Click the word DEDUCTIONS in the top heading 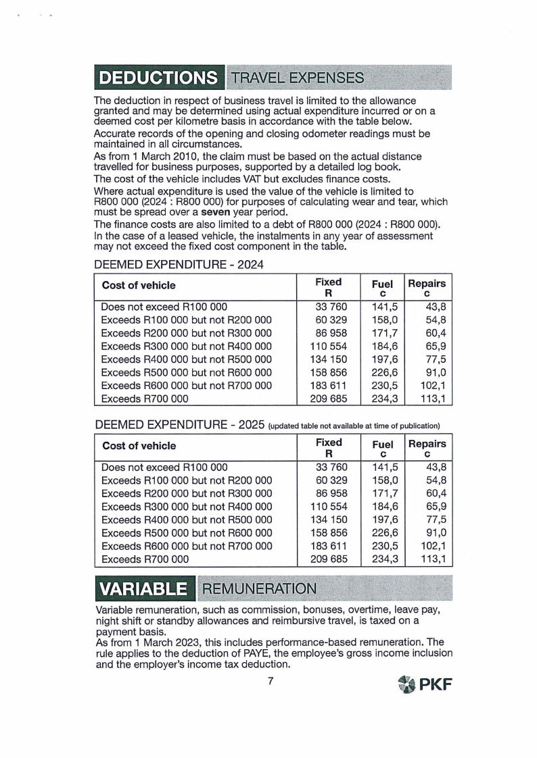tap(160, 78)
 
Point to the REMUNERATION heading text tap(258, 588)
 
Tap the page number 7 tap(270, 681)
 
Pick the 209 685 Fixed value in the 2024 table tap(329, 399)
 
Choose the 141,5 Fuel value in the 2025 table tap(383, 467)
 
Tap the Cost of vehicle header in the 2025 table tap(139, 446)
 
